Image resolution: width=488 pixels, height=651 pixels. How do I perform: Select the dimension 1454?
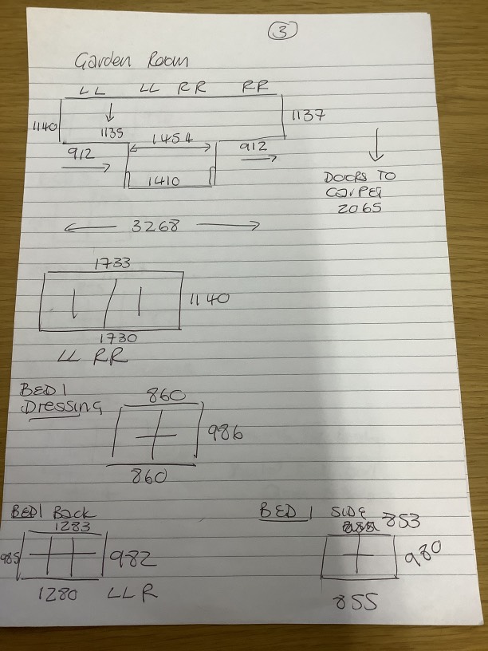171,138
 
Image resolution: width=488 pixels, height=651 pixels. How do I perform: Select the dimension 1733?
111,262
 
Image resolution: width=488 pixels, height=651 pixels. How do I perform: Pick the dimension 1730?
118,337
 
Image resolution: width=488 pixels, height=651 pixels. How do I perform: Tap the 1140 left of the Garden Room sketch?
45,126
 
